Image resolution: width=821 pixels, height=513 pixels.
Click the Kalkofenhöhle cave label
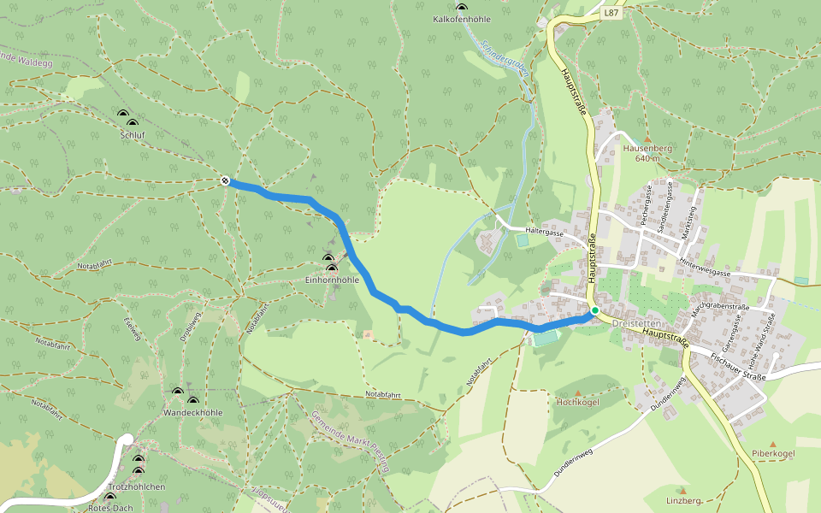pyautogui.click(x=461, y=18)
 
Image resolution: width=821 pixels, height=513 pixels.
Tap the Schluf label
pyautogui.click(x=132, y=135)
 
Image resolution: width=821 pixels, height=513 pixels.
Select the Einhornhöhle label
pyautogui.click(x=332, y=280)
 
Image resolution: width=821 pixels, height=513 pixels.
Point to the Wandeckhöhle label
pyautogui.click(x=192, y=412)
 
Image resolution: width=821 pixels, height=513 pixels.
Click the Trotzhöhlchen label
pyautogui.click(x=137, y=486)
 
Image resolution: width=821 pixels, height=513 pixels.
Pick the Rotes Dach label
pyautogui.click(x=110, y=508)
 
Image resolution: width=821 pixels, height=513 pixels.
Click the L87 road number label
pyautogui.click(x=610, y=13)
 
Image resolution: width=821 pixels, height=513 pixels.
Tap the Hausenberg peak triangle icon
pyautogui.click(x=647, y=139)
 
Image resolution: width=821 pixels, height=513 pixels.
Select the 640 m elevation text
pyautogui.click(x=647, y=158)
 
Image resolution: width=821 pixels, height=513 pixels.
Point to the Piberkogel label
pyautogui.click(x=773, y=452)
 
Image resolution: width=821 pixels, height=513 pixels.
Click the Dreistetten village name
pyautogui.click(x=636, y=323)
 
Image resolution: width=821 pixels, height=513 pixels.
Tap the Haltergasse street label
pyautogui.click(x=545, y=231)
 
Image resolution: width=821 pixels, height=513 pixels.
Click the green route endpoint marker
pyautogui.click(x=594, y=310)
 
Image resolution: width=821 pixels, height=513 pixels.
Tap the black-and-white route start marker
pyautogui.click(x=224, y=180)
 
